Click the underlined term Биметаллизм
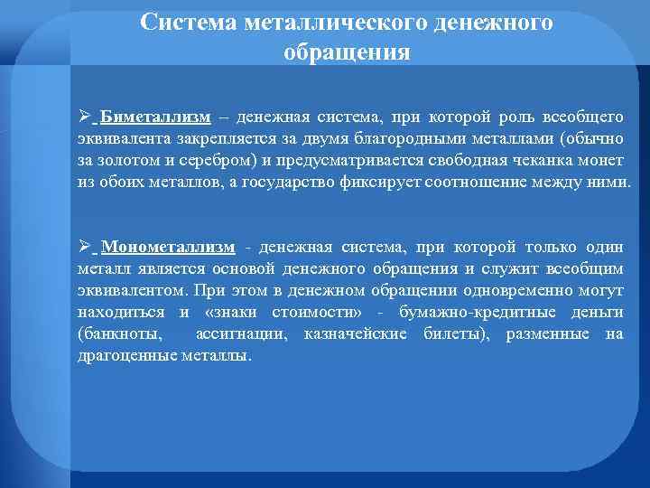point(156,117)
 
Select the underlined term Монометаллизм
point(170,248)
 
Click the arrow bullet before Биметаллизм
point(84,117)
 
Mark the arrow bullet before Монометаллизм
point(84,248)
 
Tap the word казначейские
point(357,334)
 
